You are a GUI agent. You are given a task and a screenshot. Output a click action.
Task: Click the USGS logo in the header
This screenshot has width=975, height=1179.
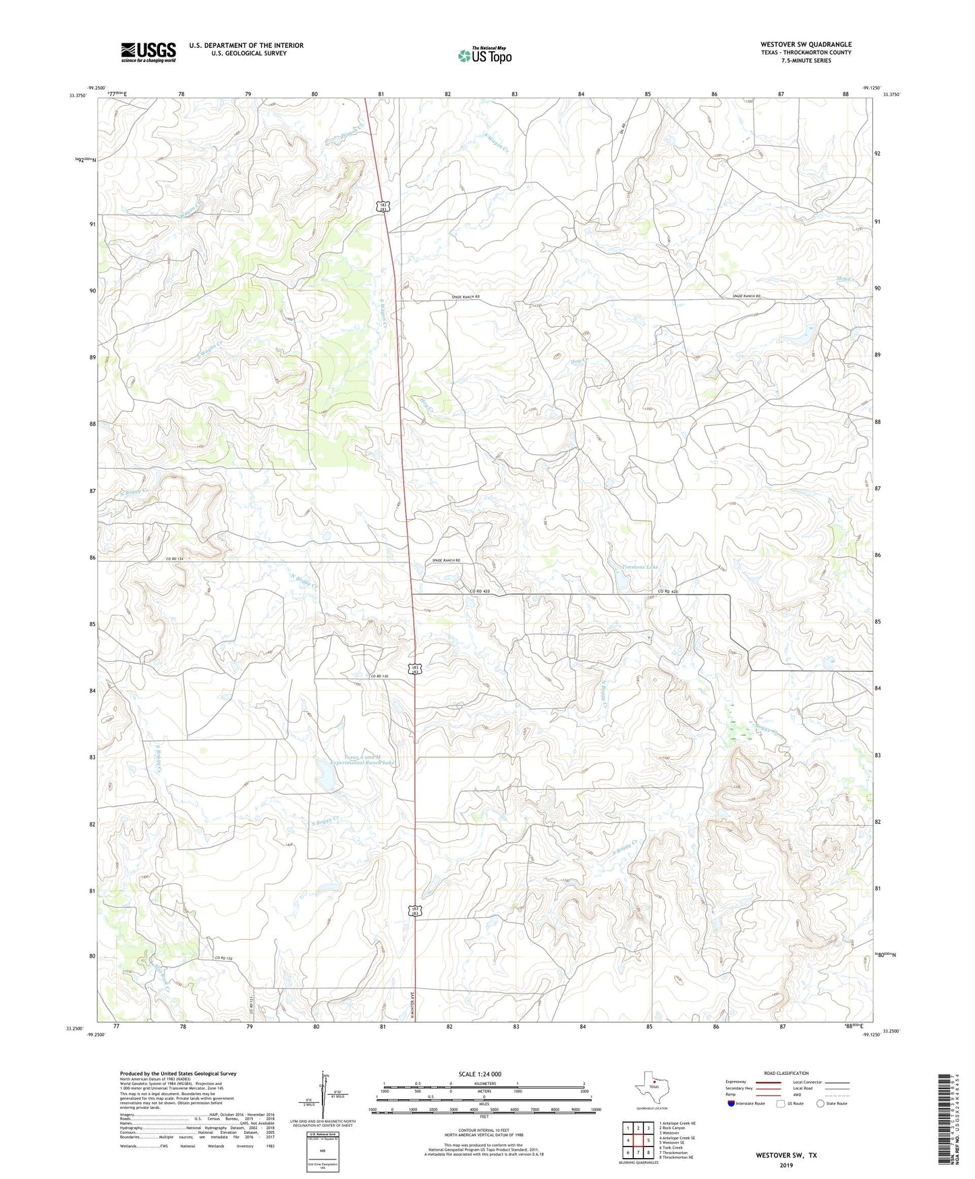(x=148, y=52)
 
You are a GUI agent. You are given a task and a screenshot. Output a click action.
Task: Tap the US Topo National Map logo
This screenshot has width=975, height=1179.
(x=484, y=55)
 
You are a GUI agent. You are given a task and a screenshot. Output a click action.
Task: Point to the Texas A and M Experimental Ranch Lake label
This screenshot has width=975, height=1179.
(x=362, y=760)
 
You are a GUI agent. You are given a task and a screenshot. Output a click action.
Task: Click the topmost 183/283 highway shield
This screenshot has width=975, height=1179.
(x=382, y=207)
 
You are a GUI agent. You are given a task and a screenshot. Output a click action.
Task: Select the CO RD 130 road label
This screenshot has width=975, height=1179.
(x=380, y=676)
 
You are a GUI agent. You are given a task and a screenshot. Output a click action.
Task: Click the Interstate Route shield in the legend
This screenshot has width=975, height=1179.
(x=732, y=1103)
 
